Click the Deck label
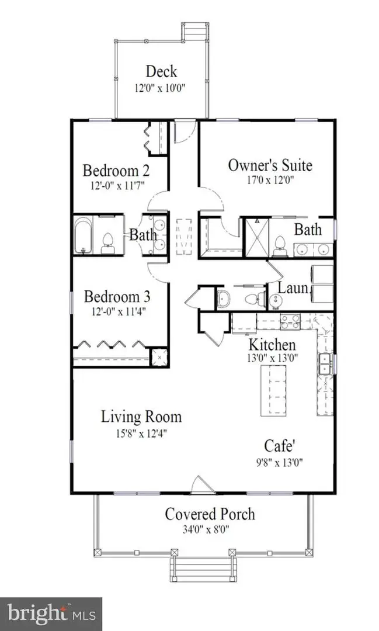[161, 72]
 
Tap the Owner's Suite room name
[270, 165]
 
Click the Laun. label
[289, 287]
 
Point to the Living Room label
[141, 417]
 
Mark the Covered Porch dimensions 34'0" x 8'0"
[210, 530]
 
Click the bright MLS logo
[51, 613]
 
